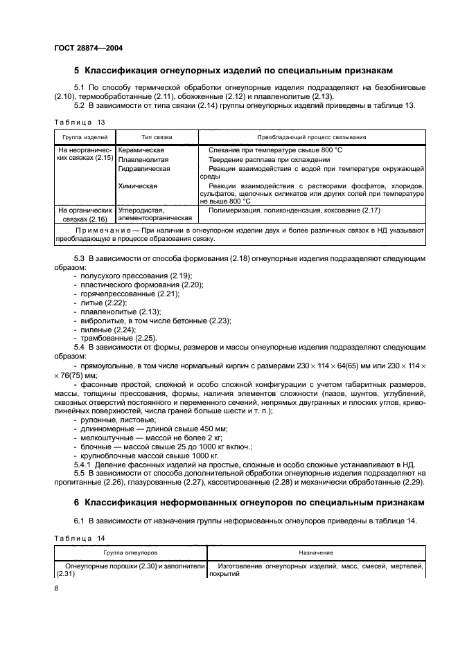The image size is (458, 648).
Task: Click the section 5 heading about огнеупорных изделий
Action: [234, 70]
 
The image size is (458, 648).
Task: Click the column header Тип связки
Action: [157, 137]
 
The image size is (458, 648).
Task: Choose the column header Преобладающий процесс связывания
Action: [312, 137]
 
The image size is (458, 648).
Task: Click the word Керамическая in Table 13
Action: [141, 150]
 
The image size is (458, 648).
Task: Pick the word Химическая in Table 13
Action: [138, 186]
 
